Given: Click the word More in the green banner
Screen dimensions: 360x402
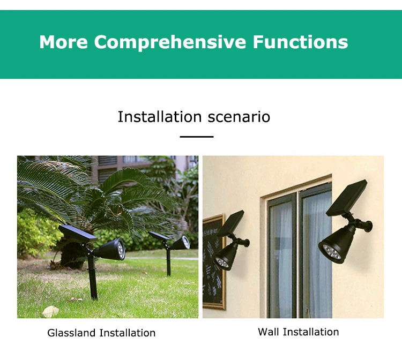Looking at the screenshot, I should [x=63, y=42].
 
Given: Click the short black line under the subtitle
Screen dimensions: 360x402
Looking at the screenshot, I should [x=196, y=137].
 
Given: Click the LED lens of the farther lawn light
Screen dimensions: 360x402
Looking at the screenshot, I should [x=185, y=242].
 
